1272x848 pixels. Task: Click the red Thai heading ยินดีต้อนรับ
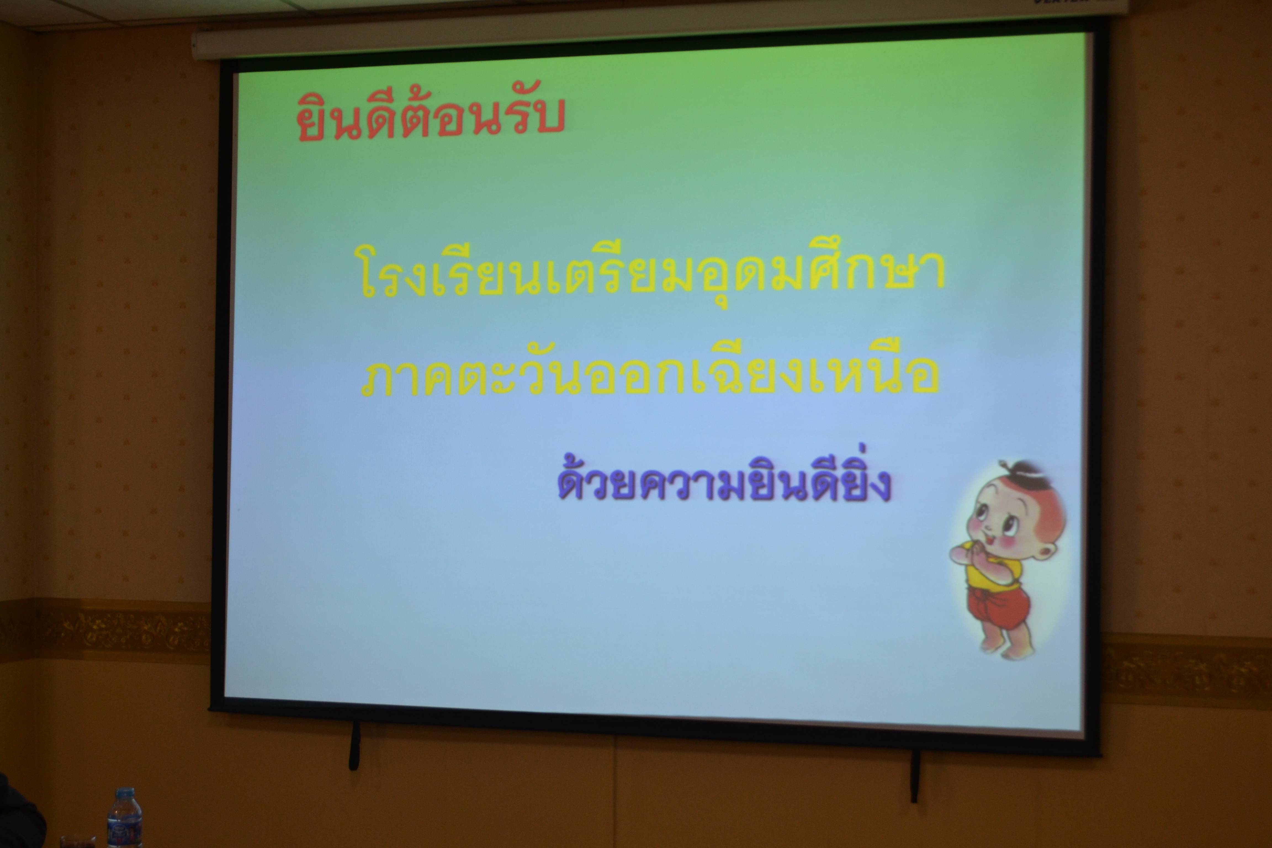[430, 116]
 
